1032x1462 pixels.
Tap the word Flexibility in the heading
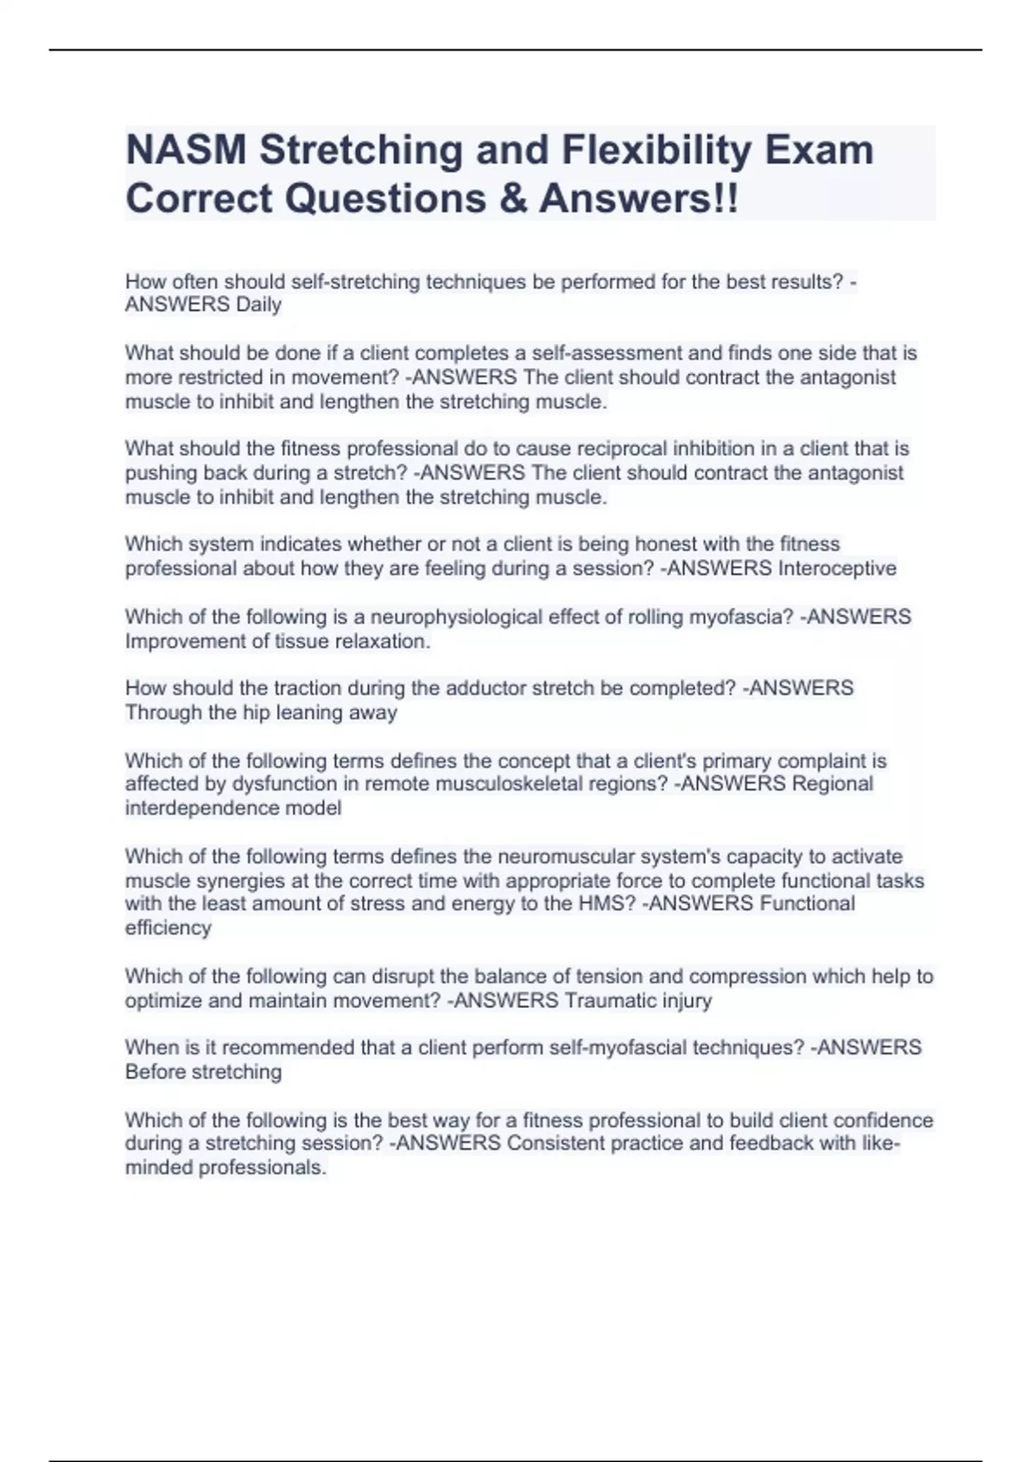coord(656,150)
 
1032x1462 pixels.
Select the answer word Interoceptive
coord(837,568)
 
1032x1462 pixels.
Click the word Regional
coord(832,783)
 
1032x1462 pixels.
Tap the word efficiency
coord(168,928)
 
